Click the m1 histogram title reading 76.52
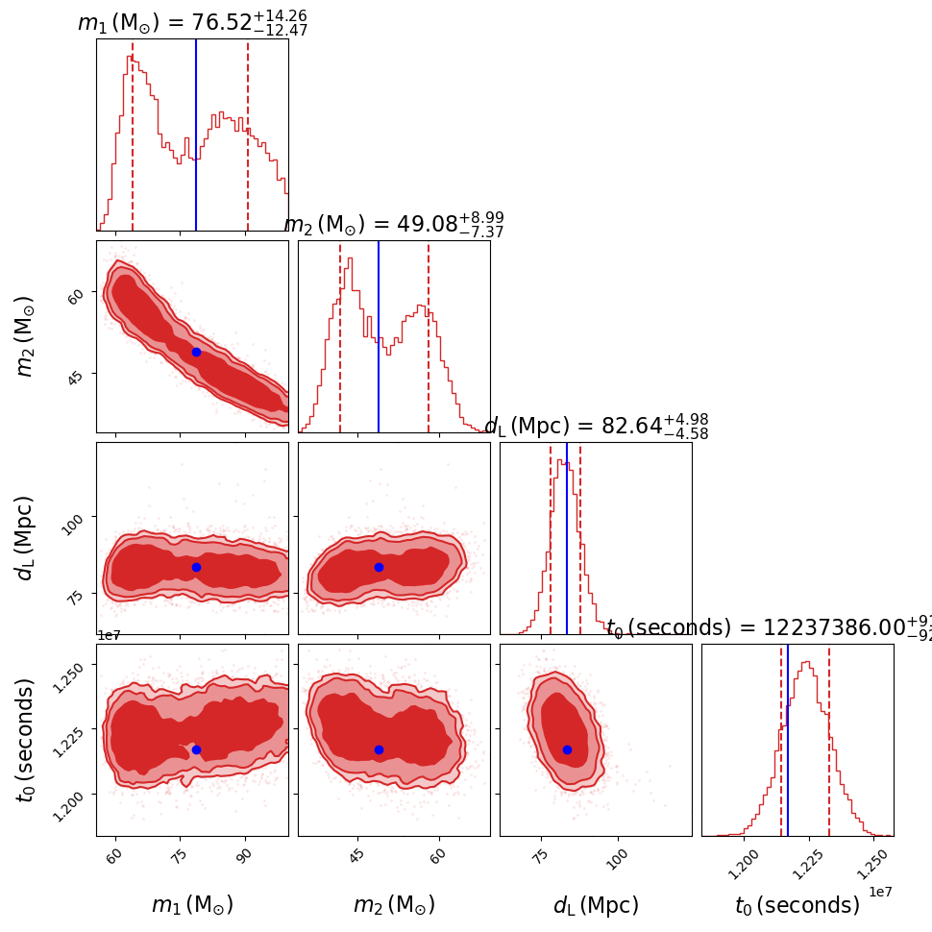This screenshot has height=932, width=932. (x=192, y=21)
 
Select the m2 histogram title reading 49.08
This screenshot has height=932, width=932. (x=394, y=224)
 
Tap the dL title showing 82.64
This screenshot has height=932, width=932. (x=597, y=426)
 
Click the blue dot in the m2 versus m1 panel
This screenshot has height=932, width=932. (x=196, y=352)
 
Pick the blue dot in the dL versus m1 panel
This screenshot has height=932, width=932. (x=196, y=567)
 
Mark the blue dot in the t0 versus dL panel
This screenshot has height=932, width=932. (x=567, y=749)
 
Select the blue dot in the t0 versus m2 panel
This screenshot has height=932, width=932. (x=379, y=749)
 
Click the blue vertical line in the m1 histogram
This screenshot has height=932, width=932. (x=196, y=135)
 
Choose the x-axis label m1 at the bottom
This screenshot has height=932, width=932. (x=192, y=905)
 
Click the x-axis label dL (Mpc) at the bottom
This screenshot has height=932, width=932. (x=596, y=905)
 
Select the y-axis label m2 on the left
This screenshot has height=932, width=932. (x=26, y=335)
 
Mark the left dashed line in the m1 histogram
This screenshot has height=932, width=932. (x=133, y=135)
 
